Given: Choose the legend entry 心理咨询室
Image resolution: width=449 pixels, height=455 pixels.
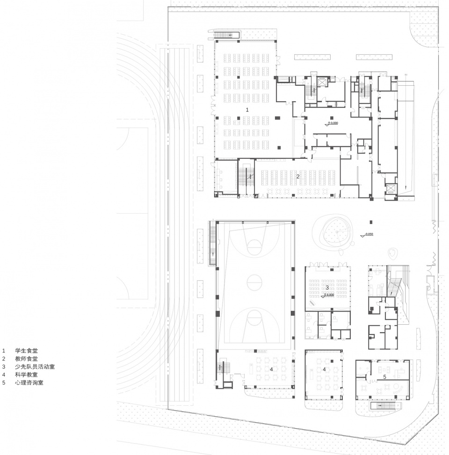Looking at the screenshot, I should pyautogui.click(x=29, y=382).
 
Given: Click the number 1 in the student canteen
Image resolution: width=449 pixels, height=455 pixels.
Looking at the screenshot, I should pyautogui.click(x=247, y=109).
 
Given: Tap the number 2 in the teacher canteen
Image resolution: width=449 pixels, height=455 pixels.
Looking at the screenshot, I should pyautogui.click(x=298, y=177).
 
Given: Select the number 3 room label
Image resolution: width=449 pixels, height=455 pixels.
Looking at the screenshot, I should pyautogui.click(x=327, y=287).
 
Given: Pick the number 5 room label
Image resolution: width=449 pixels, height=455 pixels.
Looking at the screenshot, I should pyautogui.click(x=384, y=376).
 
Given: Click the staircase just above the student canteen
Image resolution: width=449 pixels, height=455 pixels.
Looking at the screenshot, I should pyautogui.click(x=226, y=35).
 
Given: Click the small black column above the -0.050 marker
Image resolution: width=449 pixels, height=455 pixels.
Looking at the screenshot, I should pyautogui.click(x=370, y=222).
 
